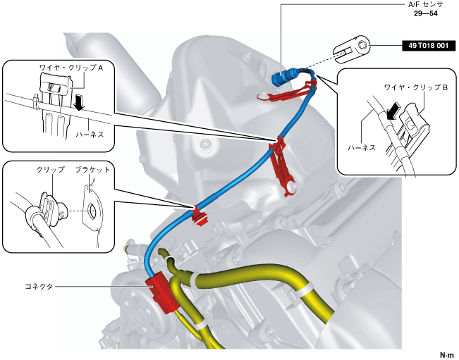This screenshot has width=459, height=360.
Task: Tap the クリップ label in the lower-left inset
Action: point(50,170)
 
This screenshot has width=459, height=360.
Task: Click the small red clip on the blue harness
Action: point(200,215)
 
